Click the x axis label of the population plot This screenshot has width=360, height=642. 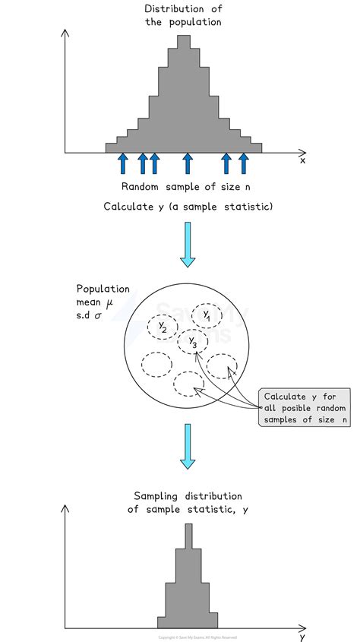pos(302,160)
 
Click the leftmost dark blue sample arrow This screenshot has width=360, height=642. pos(123,163)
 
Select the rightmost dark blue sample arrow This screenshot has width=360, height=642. pos(243,163)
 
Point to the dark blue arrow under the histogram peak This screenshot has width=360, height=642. pos(188,163)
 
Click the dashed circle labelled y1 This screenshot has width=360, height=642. pos(207,315)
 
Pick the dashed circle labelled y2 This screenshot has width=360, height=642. pos(163,327)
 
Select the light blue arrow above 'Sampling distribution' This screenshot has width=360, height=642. pos(188,447)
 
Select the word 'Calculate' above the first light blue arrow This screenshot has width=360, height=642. pos(128,207)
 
